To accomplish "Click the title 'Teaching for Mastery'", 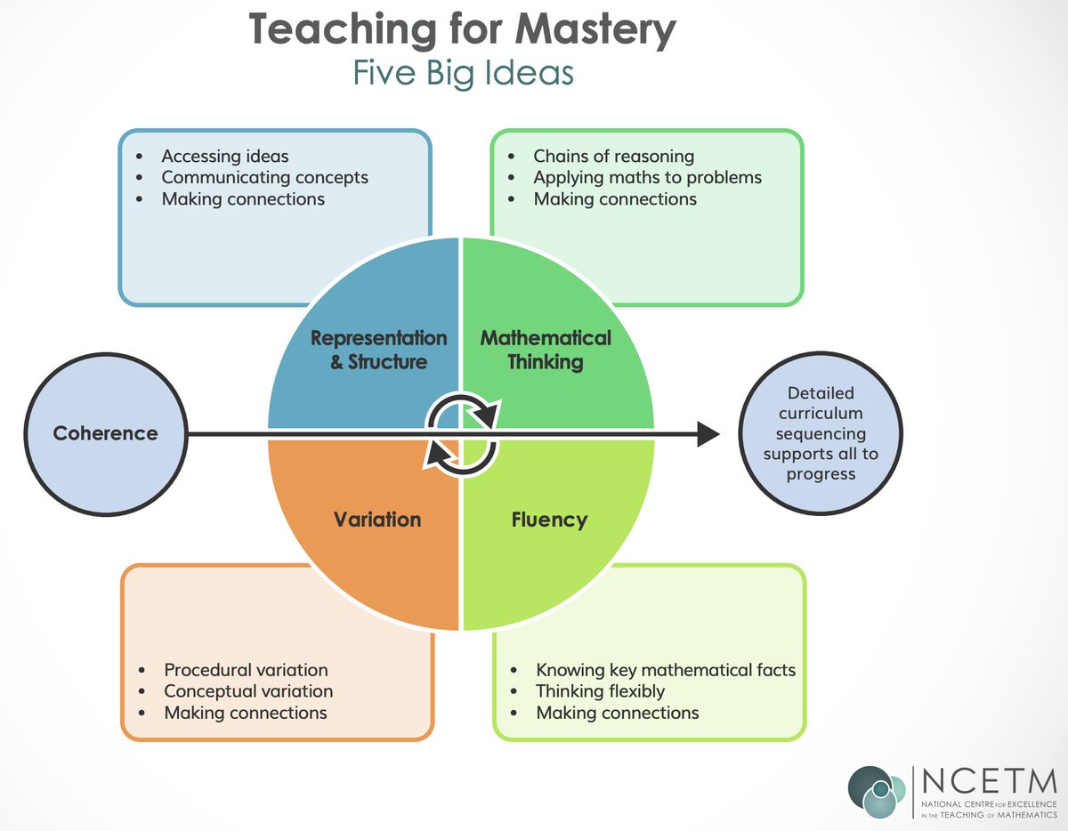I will pos(462,31).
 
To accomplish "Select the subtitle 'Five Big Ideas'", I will pos(463,73).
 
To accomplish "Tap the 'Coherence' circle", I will pos(105,433).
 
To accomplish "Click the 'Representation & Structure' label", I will pos(379,350).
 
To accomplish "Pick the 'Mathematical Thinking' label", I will pos(546,350).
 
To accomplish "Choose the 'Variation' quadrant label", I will pos(377,519).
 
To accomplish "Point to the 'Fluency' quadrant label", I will pos(549,519).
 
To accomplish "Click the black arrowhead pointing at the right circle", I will pos(708,434).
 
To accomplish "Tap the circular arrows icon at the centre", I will pos(462,433).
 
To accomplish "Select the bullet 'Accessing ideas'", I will pos(224,156).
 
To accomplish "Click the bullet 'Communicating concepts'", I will pos(264,177).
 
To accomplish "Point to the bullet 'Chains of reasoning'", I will pos(613,156).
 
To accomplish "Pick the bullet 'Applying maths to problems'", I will pos(647,177).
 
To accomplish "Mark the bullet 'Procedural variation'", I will pos(246,670).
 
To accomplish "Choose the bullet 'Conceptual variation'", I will pos(248,691).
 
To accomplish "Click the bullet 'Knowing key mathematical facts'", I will pos(665,670).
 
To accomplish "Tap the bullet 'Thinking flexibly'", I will pos(600,691).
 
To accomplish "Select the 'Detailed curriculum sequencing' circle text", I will pos(820,433).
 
